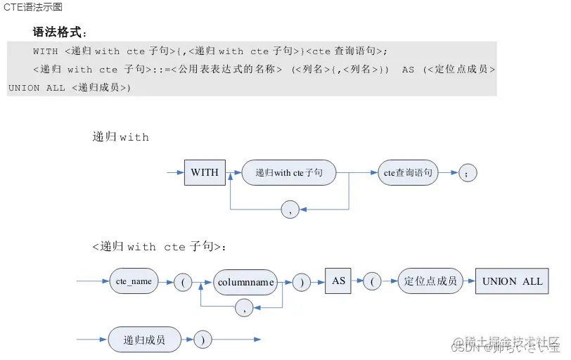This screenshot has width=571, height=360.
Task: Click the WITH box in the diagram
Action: point(205,172)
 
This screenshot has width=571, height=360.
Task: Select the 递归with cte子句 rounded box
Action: point(288,172)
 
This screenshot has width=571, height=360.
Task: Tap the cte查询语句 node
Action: point(408,172)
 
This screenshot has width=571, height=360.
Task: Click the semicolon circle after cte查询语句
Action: point(468,173)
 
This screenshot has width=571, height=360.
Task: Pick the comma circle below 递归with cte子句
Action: point(290,209)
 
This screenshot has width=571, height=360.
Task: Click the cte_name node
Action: point(134,282)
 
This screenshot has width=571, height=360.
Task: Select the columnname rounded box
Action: point(245,282)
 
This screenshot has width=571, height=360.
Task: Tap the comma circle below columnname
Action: point(244,307)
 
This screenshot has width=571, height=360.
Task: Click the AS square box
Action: point(338,281)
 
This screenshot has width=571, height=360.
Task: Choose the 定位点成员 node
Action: point(430,281)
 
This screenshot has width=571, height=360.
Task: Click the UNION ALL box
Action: point(512,281)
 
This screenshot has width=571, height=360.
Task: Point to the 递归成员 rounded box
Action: point(144,340)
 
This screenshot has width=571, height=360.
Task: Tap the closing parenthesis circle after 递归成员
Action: point(203,340)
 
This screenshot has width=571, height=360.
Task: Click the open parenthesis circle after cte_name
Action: point(182,282)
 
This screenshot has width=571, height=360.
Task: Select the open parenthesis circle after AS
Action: point(371,282)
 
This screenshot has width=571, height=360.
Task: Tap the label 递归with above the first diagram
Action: point(120,137)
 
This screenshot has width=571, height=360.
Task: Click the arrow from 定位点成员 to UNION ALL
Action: point(469,281)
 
